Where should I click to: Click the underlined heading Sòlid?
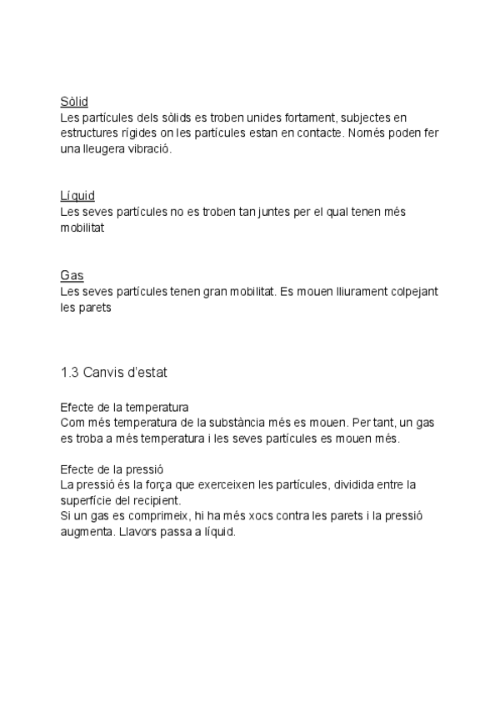74,102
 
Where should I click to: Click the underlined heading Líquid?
77,197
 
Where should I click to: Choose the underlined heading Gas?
72,275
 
